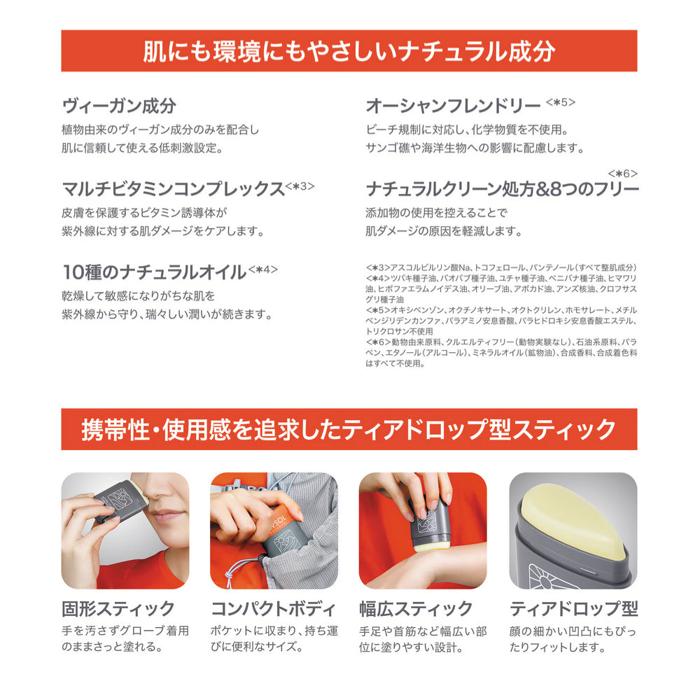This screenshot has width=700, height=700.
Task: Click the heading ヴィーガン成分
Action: (119, 106)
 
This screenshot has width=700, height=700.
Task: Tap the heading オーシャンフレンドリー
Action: (453, 106)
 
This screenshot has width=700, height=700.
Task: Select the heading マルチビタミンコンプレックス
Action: (173, 189)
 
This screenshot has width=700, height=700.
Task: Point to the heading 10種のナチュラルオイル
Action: (154, 272)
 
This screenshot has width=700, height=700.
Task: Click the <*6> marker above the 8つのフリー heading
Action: (623, 173)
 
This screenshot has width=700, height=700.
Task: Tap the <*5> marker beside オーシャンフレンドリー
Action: (560, 102)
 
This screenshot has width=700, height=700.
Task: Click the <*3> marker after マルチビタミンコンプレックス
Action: (300, 185)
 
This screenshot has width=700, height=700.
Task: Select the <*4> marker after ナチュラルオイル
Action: (263, 269)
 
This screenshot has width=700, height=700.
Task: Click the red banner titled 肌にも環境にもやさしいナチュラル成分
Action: (349, 51)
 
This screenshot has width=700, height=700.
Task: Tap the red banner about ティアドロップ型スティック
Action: (349, 429)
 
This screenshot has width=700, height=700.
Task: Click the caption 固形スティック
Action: (118, 608)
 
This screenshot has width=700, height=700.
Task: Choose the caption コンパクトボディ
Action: (273, 608)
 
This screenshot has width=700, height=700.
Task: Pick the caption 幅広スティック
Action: (416, 608)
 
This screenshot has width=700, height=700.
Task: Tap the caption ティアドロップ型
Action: (574, 608)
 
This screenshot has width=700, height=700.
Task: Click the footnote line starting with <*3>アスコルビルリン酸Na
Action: (501, 267)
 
